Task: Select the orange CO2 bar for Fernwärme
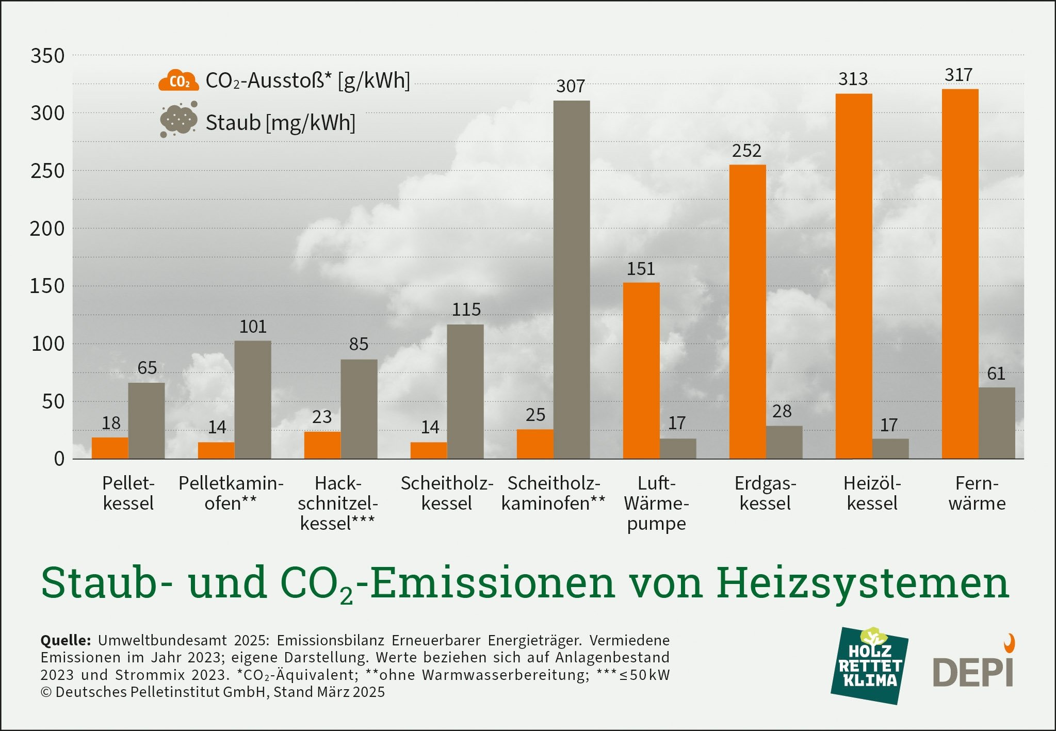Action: point(960,274)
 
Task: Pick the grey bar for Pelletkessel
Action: point(147,420)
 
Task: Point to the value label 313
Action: point(853,79)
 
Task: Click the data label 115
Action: point(466,310)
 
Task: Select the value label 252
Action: point(746,151)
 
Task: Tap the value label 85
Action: point(359,344)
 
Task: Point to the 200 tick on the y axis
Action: point(47,229)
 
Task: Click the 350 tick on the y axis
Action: point(47,56)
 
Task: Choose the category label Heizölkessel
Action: point(872,493)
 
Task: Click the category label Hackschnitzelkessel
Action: point(338,503)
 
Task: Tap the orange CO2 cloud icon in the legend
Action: point(178,80)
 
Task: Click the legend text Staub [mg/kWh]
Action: point(280,123)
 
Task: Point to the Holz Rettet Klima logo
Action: point(870,666)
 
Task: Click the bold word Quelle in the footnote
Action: point(66,640)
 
